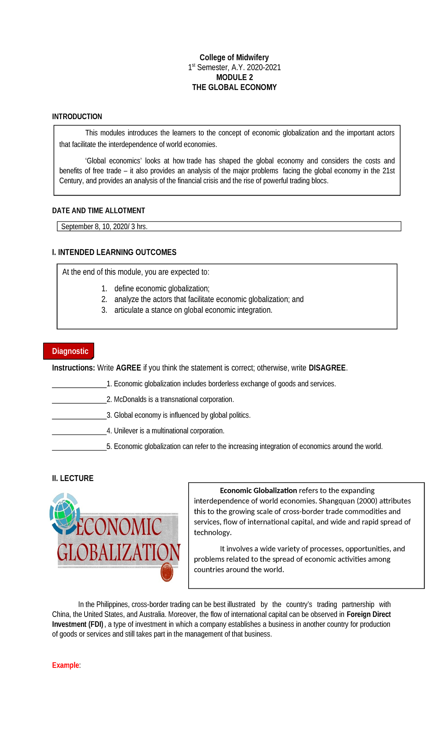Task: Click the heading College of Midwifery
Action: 234,58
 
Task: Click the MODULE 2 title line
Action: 234,77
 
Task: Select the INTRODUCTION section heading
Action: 77,117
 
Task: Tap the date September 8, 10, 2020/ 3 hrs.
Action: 104,227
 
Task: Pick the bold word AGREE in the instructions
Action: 128,368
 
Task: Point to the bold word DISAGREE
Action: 327,368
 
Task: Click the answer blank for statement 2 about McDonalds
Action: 79,400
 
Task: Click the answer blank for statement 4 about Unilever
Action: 79,432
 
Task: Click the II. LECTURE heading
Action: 73,478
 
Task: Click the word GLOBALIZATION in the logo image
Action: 119,552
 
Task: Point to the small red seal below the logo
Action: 167,573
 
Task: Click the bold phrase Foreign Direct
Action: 368,614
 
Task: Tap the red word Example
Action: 65,665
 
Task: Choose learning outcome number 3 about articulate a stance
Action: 193,310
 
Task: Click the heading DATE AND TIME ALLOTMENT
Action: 98,211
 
